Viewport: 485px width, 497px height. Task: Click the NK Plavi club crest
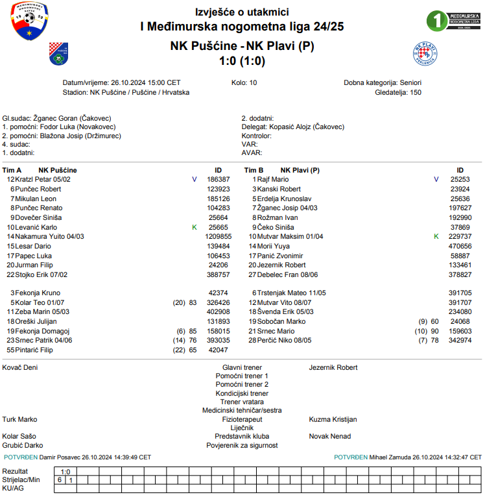click(x=425, y=54)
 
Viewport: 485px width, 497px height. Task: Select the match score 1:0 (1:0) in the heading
click(x=242, y=61)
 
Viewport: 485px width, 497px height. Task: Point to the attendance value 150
click(x=415, y=93)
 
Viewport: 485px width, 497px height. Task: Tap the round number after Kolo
click(x=253, y=83)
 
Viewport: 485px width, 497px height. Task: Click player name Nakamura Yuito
click(x=49, y=237)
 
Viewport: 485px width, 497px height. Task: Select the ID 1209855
click(x=218, y=237)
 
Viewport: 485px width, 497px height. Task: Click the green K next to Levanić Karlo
click(x=194, y=228)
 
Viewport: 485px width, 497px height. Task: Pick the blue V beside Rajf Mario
click(x=436, y=179)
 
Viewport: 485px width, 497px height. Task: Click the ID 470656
click(x=460, y=247)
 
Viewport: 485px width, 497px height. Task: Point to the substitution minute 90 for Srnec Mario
click(x=434, y=331)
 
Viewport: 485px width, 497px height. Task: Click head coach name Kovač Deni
click(x=20, y=367)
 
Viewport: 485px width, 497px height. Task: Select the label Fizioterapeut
click(x=242, y=420)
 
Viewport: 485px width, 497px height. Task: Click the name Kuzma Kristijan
click(x=333, y=420)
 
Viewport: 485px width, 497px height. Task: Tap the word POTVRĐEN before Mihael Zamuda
click(x=351, y=457)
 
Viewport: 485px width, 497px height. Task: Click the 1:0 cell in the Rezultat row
click(x=65, y=472)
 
